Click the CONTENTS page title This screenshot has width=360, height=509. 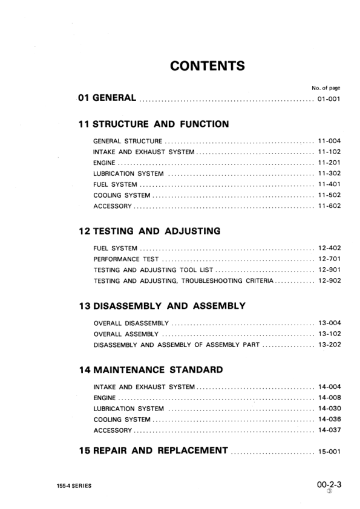[207, 65]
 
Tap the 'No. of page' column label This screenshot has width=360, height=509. [326, 88]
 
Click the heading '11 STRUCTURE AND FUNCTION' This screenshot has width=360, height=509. [154, 125]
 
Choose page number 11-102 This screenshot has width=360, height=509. [330, 152]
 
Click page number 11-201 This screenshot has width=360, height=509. [330, 163]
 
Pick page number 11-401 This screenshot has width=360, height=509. [330, 185]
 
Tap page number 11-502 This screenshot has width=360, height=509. [330, 196]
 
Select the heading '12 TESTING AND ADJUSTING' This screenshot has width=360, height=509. [149, 231]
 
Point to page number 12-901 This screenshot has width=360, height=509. [330, 270]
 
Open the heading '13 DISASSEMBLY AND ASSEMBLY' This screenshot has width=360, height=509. [162, 306]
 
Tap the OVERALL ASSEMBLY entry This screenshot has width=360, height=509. [126, 334]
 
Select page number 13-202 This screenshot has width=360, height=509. [330, 345]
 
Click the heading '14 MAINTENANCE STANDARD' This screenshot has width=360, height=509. [151, 369]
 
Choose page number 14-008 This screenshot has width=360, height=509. [330, 398]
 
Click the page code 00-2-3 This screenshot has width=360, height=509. [329, 484]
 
